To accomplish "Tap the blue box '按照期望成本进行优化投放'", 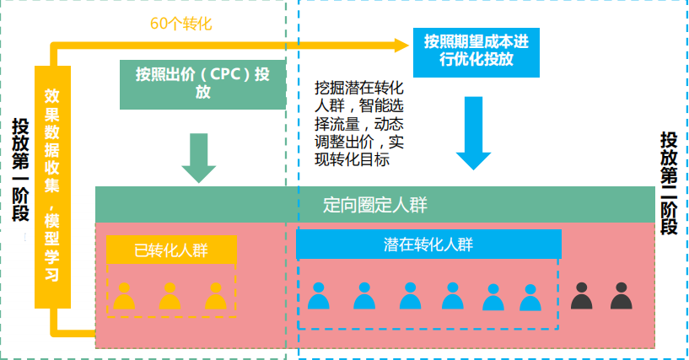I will coord(476,50).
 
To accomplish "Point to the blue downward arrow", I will coord(473,135).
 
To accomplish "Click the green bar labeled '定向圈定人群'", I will coord(375,205).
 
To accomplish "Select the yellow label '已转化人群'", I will coord(171,250).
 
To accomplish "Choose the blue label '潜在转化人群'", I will coord(428,244).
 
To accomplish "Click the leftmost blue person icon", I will coord(318,296).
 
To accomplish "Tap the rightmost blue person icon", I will coord(530,298).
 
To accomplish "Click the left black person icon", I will coord(581,296).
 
